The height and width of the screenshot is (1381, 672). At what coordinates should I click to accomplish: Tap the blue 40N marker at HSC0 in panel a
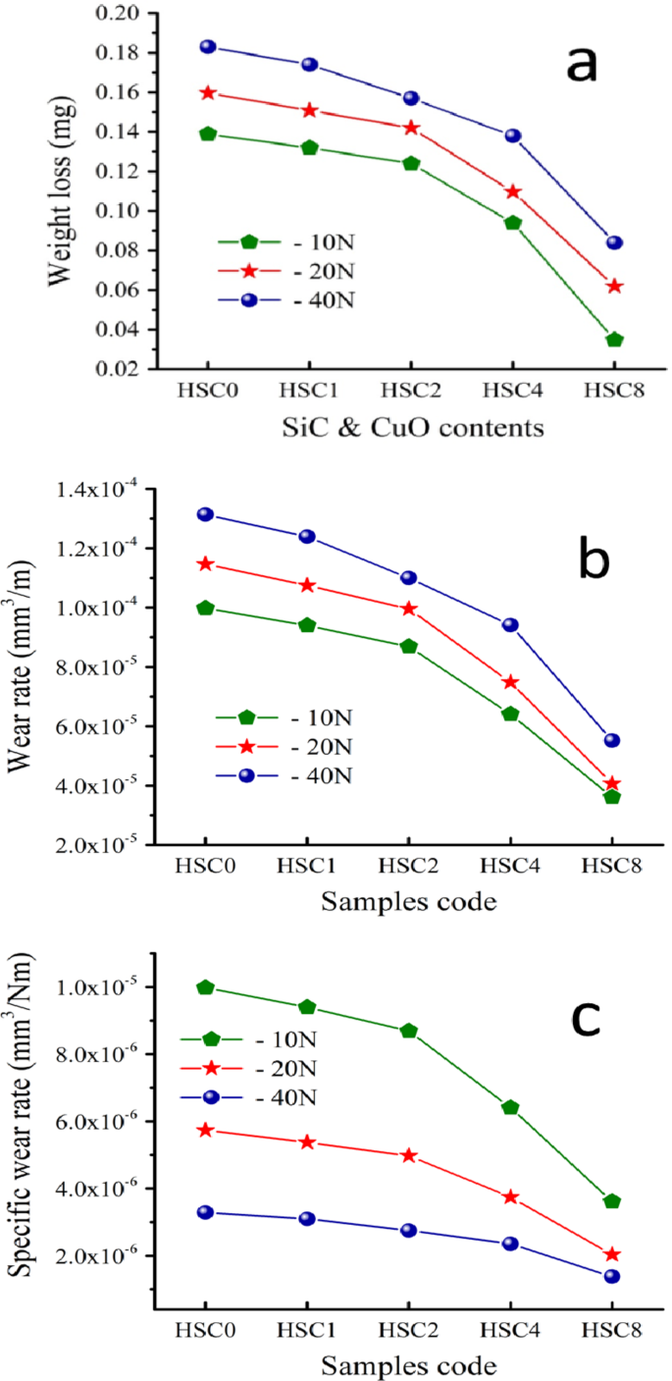point(207,47)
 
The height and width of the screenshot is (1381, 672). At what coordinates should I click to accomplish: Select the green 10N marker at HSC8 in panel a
point(614,340)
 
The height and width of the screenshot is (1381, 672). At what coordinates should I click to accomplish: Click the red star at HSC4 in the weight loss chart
point(512,191)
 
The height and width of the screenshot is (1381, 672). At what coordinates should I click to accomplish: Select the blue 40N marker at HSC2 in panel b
point(410,578)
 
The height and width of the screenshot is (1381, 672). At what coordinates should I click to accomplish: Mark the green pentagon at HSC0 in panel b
point(206,608)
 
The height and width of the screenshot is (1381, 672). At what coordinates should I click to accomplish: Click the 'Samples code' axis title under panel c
point(410,1365)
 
